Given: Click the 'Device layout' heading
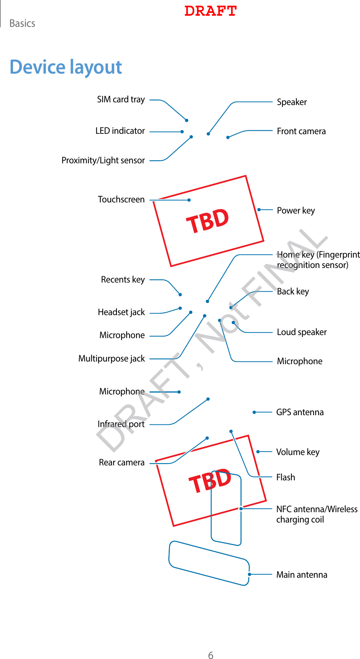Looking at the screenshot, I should (x=66, y=67).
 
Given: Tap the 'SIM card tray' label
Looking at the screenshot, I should (x=121, y=100).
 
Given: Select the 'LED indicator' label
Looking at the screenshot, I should (x=120, y=131).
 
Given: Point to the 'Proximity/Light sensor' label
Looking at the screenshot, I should (x=103, y=160).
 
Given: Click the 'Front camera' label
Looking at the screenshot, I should (x=301, y=131).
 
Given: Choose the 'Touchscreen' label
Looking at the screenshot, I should (x=121, y=200).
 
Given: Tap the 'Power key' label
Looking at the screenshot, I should (x=296, y=210).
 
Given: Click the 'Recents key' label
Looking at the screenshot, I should (x=123, y=280).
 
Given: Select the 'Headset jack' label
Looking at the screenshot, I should (x=121, y=312).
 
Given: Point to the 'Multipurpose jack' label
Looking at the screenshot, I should (x=112, y=359).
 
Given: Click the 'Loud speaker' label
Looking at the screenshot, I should (x=302, y=332).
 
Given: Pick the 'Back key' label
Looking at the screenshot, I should (x=293, y=292).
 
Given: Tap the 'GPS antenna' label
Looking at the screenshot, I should (x=300, y=412).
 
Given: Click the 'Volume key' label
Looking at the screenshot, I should (x=298, y=452).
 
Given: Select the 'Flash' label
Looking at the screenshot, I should (x=286, y=478).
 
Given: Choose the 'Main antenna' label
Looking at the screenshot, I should (x=302, y=575).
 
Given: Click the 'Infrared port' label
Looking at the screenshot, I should (x=121, y=424).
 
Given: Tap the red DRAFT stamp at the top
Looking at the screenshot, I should (x=210, y=11).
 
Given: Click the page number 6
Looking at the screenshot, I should (x=210, y=655).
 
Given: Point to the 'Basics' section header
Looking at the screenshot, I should (x=22, y=24).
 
